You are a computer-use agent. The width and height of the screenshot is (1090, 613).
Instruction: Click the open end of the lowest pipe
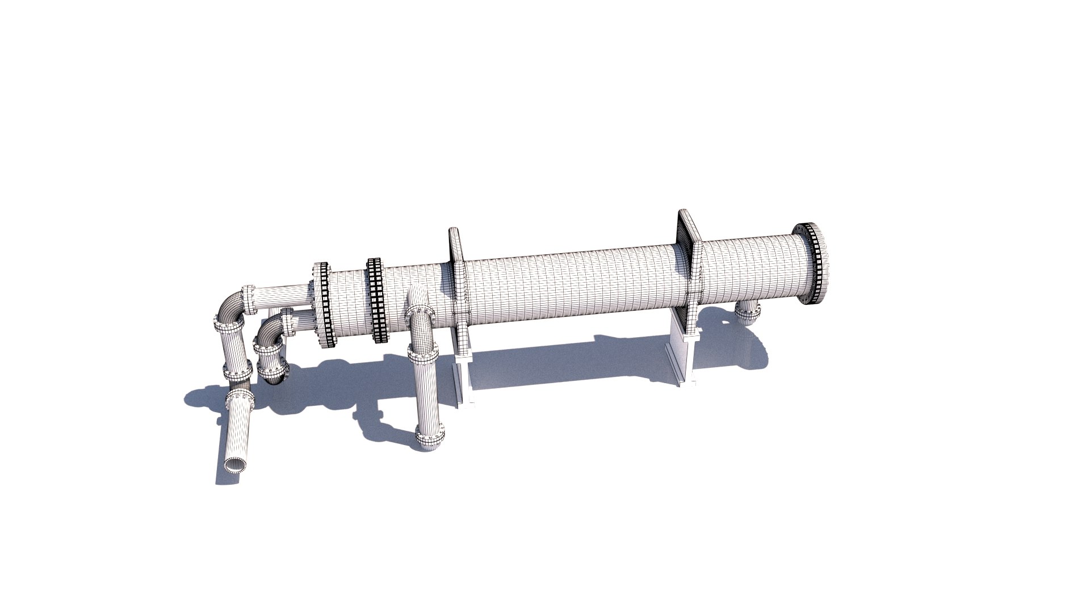[234, 465]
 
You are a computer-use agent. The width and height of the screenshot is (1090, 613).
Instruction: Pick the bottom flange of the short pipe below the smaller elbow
[274, 372]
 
